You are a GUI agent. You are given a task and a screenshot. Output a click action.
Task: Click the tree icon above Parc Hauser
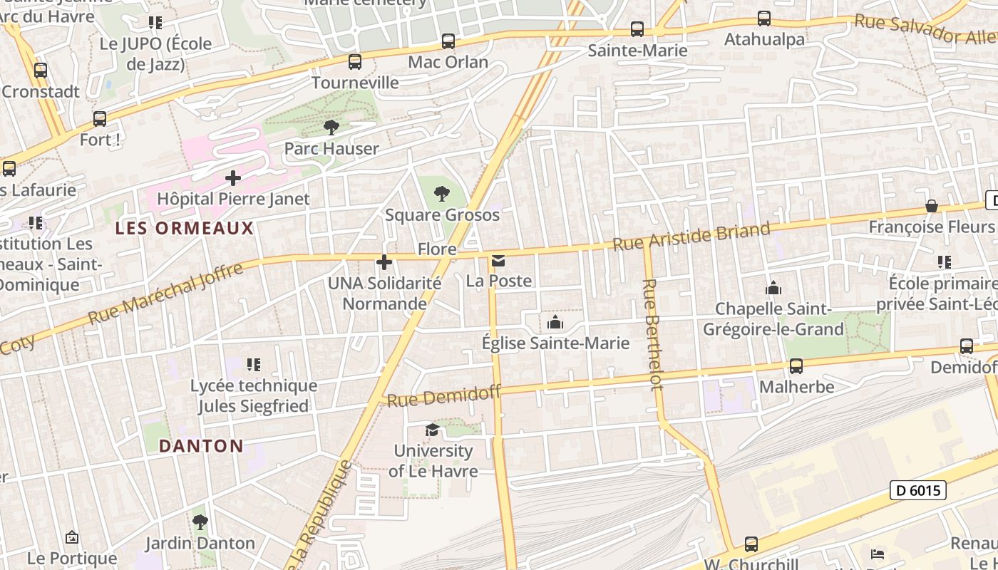click(x=331, y=128)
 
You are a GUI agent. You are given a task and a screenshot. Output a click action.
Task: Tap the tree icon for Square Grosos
click(x=442, y=193)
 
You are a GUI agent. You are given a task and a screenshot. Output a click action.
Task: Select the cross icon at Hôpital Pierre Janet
click(x=233, y=178)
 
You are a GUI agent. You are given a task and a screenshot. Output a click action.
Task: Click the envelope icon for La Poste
click(x=498, y=261)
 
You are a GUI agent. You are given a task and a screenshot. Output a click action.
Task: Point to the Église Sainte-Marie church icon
click(x=555, y=323)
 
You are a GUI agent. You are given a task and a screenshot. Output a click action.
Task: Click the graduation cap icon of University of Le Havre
click(x=432, y=430)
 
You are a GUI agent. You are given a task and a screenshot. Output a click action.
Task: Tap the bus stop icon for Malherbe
click(x=796, y=366)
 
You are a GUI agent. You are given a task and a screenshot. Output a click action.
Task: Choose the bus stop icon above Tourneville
click(x=355, y=62)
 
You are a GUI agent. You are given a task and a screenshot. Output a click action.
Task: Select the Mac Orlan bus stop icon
click(x=448, y=41)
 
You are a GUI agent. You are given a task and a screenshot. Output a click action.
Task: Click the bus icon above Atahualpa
click(x=764, y=19)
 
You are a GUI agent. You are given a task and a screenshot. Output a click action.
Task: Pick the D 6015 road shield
click(x=918, y=490)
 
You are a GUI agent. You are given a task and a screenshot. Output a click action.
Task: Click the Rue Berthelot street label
click(x=653, y=334)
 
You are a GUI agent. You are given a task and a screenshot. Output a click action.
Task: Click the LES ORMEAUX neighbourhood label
click(x=185, y=228)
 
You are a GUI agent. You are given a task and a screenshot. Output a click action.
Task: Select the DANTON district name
click(x=201, y=446)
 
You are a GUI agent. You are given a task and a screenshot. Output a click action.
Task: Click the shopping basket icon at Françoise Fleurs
click(x=931, y=206)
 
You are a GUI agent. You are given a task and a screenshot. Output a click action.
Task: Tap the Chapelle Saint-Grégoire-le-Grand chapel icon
click(x=773, y=289)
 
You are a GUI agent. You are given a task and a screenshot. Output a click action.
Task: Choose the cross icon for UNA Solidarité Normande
click(x=384, y=262)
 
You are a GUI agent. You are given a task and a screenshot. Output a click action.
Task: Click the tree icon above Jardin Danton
click(x=200, y=522)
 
